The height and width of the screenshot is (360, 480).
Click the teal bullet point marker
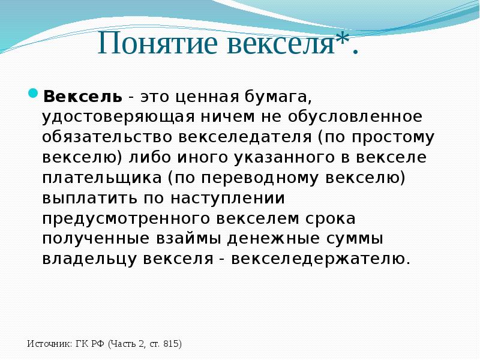(x=33, y=93)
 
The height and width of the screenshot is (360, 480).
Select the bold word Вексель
(x=83, y=97)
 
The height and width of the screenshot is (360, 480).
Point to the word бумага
(x=278, y=97)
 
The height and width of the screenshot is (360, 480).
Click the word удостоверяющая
(x=118, y=118)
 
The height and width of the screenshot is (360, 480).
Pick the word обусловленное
(x=355, y=116)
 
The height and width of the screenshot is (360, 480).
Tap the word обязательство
(x=107, y=137)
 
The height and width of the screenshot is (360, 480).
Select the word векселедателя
(x=245, y=137)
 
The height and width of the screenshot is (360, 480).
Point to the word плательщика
(x=102, y=178)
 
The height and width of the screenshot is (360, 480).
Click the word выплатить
(x=89, y=199)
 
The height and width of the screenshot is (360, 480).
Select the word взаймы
(x=188, y=239)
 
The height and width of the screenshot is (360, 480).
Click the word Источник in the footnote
(x=49, y=344)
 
